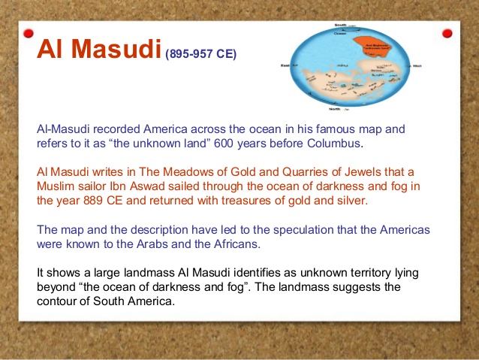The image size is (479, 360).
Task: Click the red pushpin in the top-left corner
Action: coord(29,34)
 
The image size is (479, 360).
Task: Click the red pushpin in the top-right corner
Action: coord(447,33)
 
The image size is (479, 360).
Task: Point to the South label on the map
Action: coord(340,26)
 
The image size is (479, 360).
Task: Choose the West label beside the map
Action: coord(417,66)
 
